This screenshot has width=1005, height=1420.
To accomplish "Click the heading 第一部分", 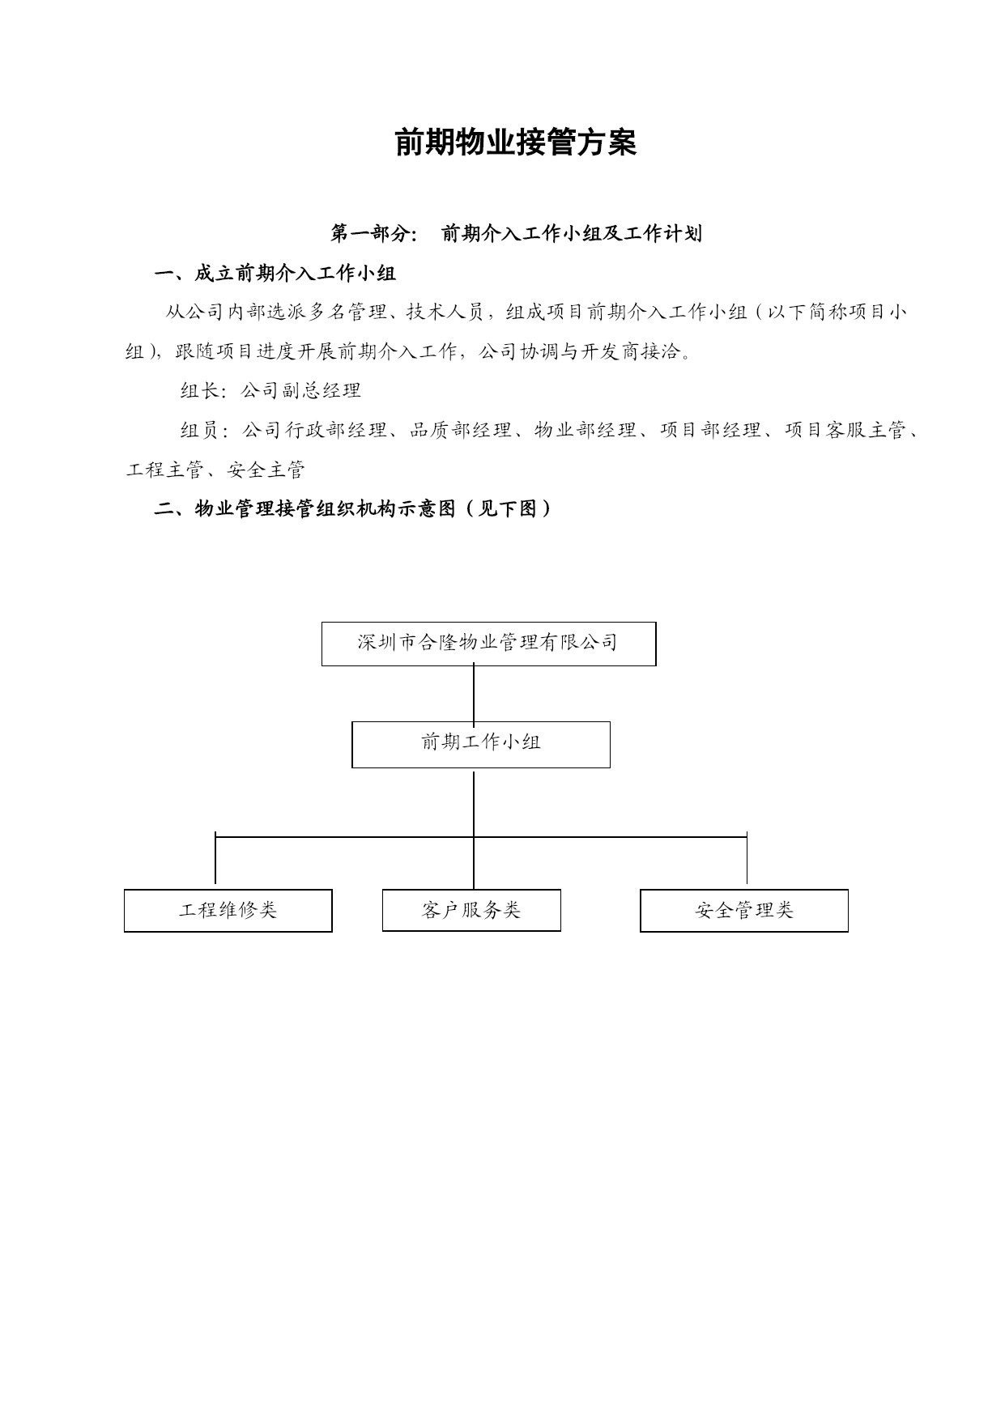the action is coord(373,234).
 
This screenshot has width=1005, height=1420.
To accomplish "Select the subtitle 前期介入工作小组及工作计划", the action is coord(571,234).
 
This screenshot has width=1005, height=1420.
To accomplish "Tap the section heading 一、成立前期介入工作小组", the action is coord(275,274).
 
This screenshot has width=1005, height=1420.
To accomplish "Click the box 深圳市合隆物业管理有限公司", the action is coord(488,644).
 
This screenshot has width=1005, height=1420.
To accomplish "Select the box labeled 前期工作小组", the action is coord(481,744).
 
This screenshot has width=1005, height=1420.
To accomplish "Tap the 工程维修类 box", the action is coord(228,911).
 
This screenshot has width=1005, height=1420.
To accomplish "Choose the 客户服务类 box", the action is coord(471,910).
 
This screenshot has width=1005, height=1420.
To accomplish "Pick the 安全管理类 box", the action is coord(744,911).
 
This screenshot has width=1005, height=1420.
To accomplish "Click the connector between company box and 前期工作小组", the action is coord(474,694).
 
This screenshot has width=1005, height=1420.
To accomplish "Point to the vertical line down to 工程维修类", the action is coord(215,858).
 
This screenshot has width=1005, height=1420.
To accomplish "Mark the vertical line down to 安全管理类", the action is coord(747,858).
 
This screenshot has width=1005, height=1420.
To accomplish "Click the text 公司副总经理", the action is coord(300,391).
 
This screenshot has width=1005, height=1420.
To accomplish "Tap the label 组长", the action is coord(199,391).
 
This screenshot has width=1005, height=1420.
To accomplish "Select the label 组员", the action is coord(199,431).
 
